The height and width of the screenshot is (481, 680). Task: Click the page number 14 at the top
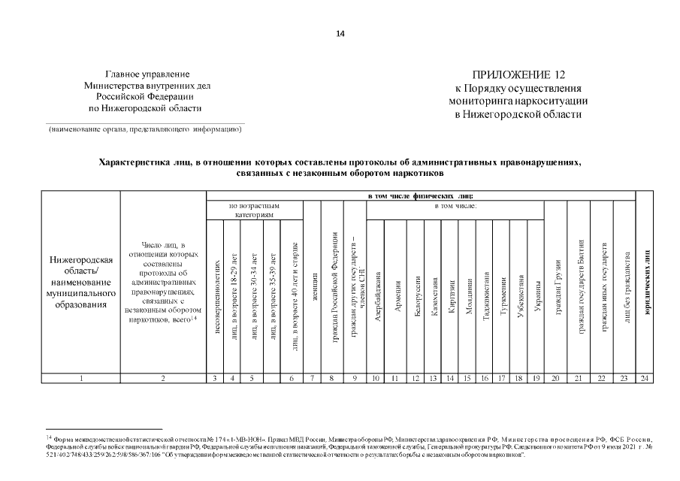(x=340, y=33)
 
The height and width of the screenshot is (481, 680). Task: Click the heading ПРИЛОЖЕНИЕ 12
(x=518, y=75)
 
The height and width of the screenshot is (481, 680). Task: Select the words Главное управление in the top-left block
(x=147, y=75)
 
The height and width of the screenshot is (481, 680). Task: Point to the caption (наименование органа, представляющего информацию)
(x=145, y=129)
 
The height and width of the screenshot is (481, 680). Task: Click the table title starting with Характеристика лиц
(x=340, y=162)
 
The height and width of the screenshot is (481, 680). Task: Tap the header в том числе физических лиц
(x=419, y=195)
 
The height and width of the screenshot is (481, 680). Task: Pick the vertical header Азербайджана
(x=376, y=297)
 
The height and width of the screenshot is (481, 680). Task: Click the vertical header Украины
(x=536, y=298)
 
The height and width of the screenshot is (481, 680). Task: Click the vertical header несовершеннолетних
(x=216, y=298)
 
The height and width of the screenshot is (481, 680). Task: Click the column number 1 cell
(x=81, y=378)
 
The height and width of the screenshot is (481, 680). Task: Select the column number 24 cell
(x=645, y=378)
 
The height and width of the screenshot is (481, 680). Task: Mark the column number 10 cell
(x=375, y=378)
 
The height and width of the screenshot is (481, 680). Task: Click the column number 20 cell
(x=555, y=378)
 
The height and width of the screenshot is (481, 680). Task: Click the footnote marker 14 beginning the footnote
(x=48, y=437)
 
